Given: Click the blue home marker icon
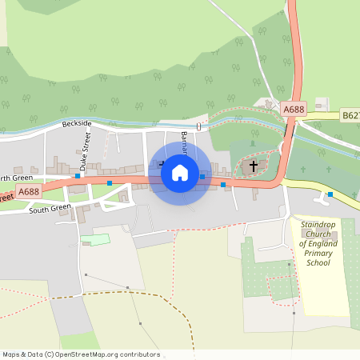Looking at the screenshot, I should click(180, 173).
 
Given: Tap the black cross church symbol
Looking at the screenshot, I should click(254, 166).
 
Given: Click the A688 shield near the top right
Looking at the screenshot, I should click(294, 108).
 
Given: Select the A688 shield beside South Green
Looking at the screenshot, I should click(29, 191).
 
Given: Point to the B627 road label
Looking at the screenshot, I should click(350, 116).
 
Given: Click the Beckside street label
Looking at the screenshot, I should click(77, 125).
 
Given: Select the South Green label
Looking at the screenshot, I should click(50, 209).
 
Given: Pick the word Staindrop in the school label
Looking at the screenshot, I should click(318, 225).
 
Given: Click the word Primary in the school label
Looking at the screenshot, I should click(318, 253).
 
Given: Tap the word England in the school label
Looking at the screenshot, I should click(326, 243).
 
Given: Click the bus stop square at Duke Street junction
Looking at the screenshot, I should click(78, 175).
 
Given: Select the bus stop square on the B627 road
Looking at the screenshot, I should click(330, 194).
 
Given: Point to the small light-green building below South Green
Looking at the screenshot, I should click(96, 239).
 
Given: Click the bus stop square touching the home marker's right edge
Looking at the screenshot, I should click(202, 176).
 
